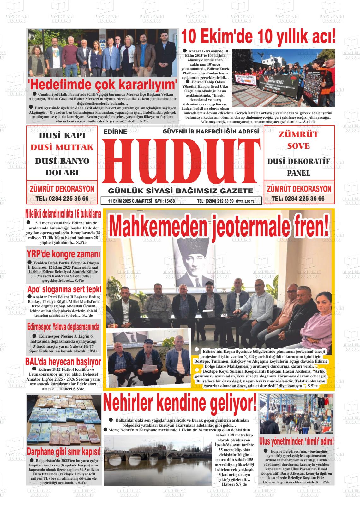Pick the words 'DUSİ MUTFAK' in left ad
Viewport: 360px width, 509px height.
(62, 147)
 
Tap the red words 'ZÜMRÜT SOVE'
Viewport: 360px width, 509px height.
(294, 140)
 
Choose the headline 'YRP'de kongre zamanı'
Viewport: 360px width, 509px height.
(63, 254)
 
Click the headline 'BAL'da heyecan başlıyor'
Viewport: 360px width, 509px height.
(63, 362)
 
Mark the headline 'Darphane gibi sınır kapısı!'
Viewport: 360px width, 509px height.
(64, 451)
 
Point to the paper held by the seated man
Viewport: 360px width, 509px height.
(148, 368)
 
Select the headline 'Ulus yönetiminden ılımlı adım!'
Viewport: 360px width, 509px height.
(296, 441)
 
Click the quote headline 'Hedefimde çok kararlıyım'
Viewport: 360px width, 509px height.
(103, 85)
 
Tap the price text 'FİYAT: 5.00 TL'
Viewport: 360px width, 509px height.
(245, 201)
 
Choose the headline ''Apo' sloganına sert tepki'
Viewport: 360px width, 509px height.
(63, 289)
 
